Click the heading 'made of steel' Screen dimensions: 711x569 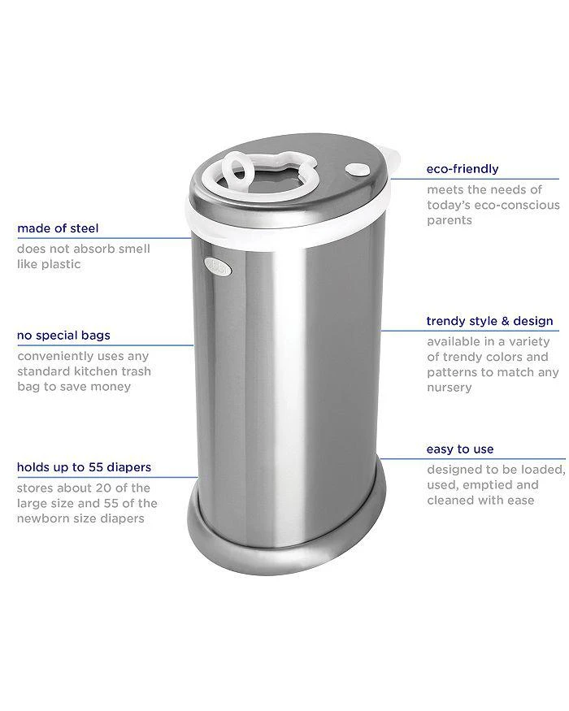click(x=58, y=228)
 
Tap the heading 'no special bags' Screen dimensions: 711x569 click(x=63, y=335)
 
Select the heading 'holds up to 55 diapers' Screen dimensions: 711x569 click(x=84, y=467)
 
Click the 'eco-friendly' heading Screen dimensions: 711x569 click(x=463, y=169)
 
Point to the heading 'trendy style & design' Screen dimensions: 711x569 click(x=489, y=320)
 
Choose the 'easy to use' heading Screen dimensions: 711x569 click(x=460, y=449)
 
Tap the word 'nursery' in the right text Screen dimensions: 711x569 click(x=450, y=388)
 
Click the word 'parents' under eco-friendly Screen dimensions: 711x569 click(x=450, y=220)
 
